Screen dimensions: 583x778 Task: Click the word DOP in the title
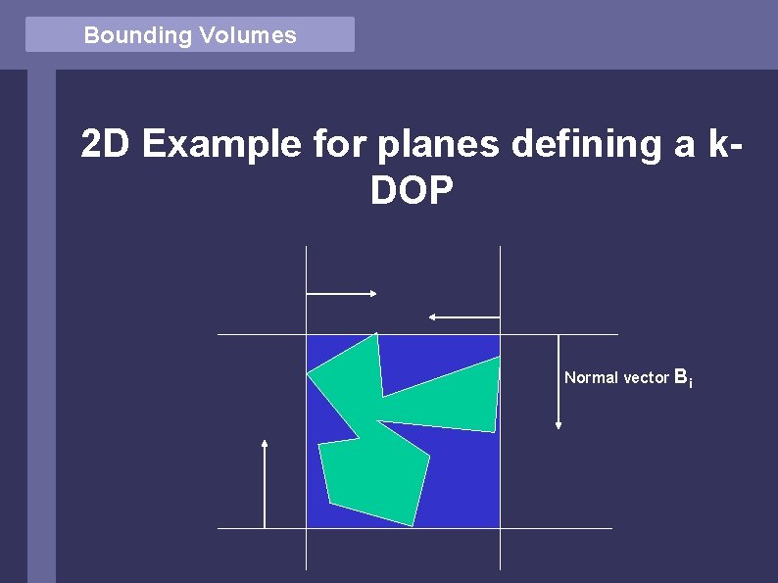pyautogui.click(x=413, y=192)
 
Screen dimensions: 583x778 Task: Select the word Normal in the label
pyautogui.click(x=591, y=377)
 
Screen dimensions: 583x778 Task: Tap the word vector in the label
pyautogui.click(x=646, y=377)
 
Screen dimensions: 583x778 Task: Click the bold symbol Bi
pyautogui.click(x=683, y=377)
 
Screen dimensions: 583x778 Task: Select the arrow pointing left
pyautogui.click(x=464, y=316)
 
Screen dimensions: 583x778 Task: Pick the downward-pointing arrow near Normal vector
pyautogui.click(x=559, y=382)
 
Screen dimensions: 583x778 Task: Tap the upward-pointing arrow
pyautogui.click(x=265, y=484)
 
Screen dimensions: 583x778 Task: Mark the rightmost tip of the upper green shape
pyautogui.click(x=499, y=359)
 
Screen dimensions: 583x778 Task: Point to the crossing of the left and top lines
pyautogui.click(x=307, y=335)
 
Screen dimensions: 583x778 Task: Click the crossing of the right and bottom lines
pyautogui.click(x=500, y=528)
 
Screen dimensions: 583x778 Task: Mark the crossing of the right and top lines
pyautogui.click(x=500, y=335)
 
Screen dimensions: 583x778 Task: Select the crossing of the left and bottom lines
pyautogui.click(x=307, y=528)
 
